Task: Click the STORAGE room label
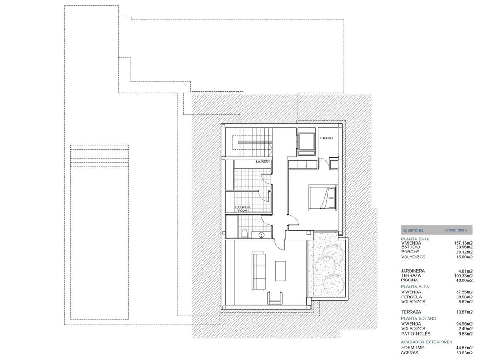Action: (327, 138)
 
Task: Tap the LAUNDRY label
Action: (263, 162)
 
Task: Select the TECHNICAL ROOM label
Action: (243, 209)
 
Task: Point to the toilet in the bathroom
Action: (245, 234)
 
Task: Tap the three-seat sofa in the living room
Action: (258, 271)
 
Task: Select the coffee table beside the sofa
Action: (280, 271)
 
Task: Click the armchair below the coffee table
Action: (275, 298)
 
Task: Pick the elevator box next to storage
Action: (305, 141)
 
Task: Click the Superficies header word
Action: (412, 230)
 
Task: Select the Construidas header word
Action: (455, 230)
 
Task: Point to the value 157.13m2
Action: (463, 243)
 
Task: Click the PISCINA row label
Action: (409, 280)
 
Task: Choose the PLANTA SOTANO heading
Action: (418, 318)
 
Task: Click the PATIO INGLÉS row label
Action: (416, 334)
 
